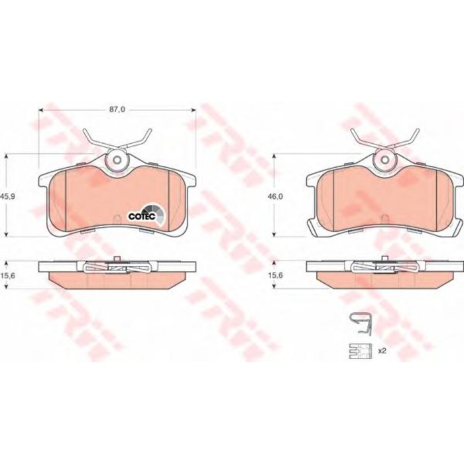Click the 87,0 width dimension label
[117, 109]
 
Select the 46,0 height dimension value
[276, 196]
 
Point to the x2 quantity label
[382, 351]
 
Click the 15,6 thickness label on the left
[8, 276]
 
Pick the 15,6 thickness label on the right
[276, 276]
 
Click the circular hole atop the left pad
[117, 160]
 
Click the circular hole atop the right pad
[385, 160]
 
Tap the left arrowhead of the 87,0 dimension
[41, 110]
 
